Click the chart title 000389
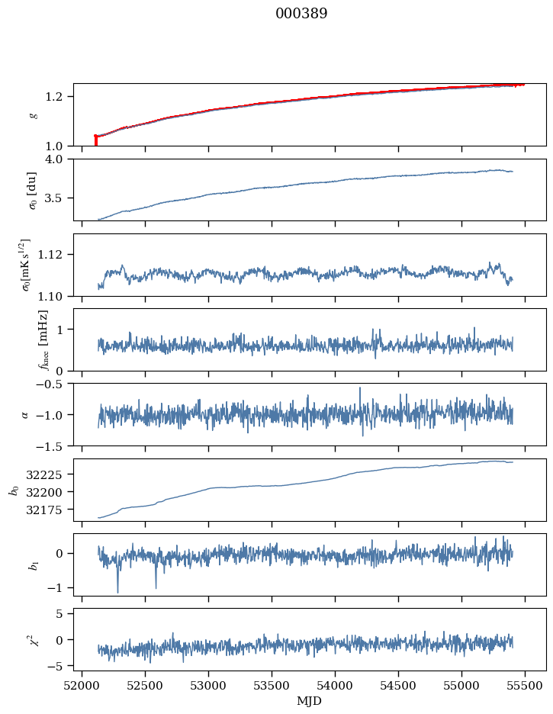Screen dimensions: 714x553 [x=301, y=14]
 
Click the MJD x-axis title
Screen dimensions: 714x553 [x=310, y=701]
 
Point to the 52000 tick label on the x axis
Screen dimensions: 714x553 [x=82, y=686]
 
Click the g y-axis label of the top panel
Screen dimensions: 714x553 [x=33, y=114]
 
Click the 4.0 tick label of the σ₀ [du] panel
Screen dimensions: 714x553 [x=58, y=159]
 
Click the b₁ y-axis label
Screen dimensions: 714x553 [x=33, y=564]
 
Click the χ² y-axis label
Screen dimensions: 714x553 [x=33, y=639]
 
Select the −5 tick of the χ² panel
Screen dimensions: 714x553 [x=60, y=666]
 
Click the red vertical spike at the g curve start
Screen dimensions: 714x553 [x=95, y=140]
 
